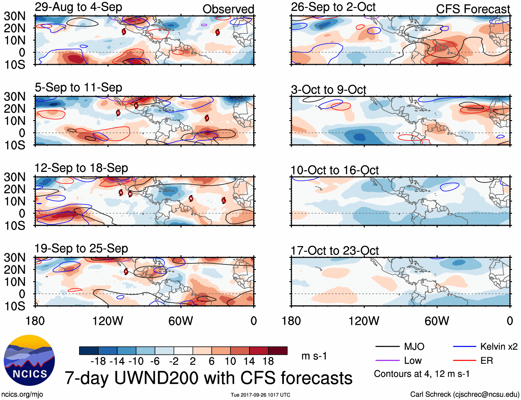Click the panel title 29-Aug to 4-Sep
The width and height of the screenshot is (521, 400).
click(78, 7)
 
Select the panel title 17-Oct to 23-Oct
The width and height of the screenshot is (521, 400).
click(335, 251)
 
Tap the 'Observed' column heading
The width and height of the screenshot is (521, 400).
click(228, 9)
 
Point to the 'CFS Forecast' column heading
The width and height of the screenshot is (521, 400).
click(473, 9)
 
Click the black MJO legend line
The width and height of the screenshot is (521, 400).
click(387, 347)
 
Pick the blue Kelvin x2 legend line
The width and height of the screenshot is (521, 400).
click(464, 347)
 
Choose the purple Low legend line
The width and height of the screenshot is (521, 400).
click(387, 361)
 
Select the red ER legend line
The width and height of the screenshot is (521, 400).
click(464, 361)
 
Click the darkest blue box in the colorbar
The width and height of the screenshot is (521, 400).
click(89, 351)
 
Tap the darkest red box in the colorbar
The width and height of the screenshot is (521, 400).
click(278, 351)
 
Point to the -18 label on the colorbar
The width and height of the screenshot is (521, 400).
click(98, 361)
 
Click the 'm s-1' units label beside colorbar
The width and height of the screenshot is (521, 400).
click(314, 356)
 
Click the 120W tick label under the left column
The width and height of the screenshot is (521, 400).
click(108, 321)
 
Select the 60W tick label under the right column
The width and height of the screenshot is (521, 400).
click(437, 321)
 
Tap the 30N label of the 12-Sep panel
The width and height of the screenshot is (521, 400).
click(14, 177)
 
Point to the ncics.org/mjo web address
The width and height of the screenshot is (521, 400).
click(22, 394)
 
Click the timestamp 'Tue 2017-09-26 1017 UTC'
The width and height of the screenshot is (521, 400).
click(260, 395)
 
